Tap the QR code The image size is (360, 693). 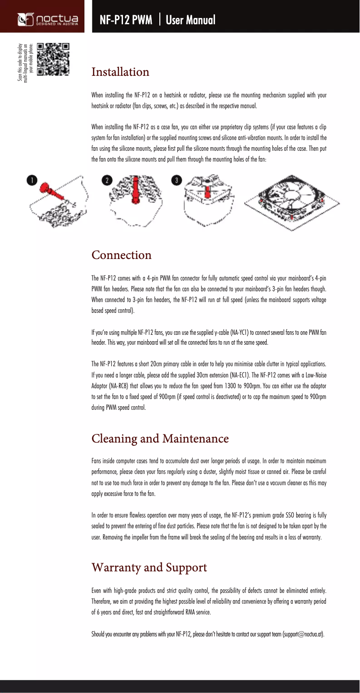53,59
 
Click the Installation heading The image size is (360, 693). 120,72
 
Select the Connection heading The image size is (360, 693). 122,255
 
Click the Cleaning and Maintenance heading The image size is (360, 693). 160,438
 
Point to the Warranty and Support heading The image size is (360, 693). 149,567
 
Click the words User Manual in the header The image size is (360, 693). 190,20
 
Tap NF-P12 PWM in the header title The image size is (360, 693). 126,20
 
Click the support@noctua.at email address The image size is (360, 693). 303,634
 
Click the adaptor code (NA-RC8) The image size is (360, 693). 105,386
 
